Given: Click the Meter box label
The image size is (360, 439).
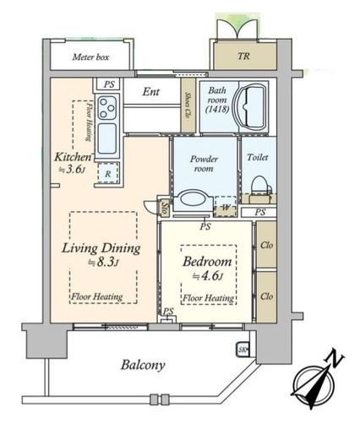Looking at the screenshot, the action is [90, 57].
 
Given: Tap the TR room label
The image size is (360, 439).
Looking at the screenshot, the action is [243, 56].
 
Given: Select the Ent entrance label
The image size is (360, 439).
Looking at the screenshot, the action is [151, 91].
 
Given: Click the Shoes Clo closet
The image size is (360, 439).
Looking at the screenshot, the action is [188, 105].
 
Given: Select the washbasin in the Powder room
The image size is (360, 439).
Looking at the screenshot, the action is [193, 200].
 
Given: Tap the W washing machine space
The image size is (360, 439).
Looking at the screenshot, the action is [225, 206].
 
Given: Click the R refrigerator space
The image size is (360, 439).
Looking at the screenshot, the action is [108, 173].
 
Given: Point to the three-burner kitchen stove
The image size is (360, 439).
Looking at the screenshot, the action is [107, 107].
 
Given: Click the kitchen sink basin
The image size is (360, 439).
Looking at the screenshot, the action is [107, 139].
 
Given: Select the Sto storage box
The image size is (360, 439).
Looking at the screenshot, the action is [166, 208].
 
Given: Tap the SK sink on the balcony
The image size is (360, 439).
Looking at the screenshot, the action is [243, 350].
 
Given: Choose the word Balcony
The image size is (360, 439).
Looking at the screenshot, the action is [143, 365].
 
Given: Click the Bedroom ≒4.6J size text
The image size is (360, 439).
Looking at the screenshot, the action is [208, 276].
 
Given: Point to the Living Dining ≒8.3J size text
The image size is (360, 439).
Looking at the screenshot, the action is [103, 263].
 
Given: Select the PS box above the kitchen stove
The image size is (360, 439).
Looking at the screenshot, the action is [109, 84].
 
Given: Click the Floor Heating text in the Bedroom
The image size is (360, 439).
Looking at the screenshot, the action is [208, 298].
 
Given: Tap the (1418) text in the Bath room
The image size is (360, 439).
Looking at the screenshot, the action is [217, 109].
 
